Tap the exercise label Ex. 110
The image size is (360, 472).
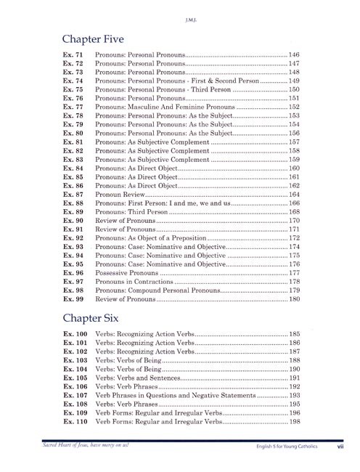point(75,421)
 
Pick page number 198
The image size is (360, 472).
point(294,421)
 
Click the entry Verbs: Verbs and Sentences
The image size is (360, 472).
point(142,378)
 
